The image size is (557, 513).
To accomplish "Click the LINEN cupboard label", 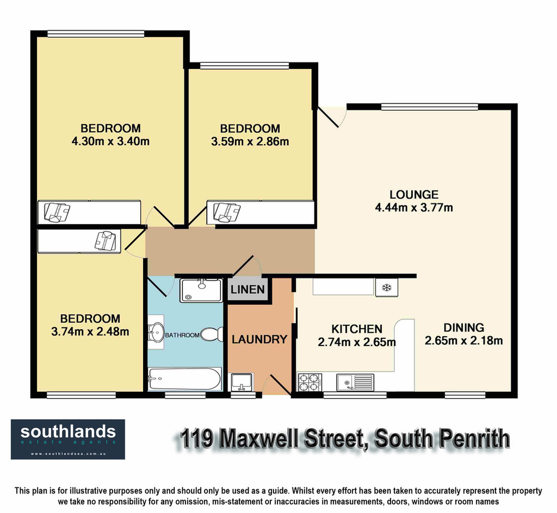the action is [248, 289].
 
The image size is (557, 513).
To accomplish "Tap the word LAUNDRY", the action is [259, 339].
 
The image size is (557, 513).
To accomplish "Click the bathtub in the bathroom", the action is [185, 379].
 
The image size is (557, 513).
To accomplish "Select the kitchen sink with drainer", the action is [356, 382].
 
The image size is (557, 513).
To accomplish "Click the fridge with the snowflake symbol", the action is [387, 287].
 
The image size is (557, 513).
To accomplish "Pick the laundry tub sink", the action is [241, 382].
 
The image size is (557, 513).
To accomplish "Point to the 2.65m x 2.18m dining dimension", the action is [463, 340].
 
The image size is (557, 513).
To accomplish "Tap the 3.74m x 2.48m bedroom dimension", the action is [90, 331].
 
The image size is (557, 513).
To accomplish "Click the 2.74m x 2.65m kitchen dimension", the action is [357, 342].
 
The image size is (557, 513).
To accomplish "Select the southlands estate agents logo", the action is [68, 439].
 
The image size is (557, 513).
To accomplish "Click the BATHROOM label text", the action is [182, 335].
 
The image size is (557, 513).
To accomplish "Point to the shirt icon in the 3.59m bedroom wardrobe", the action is [227, 213].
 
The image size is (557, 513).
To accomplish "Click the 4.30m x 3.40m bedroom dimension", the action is [110, 142].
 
